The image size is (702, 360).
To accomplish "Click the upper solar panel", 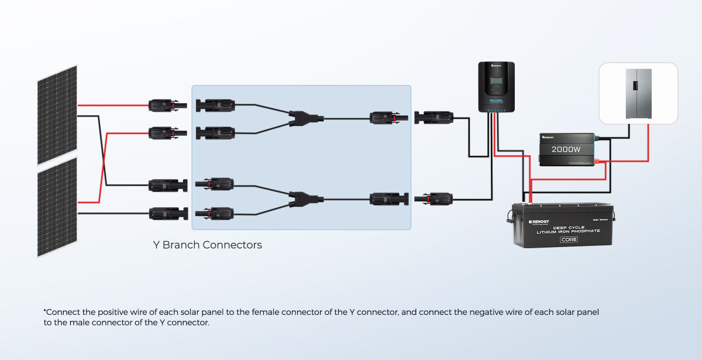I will pos(57,114).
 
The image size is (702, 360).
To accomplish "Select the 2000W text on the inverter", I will pos(566,149).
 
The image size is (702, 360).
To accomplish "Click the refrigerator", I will pos(638,94).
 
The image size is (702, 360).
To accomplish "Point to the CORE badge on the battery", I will pos(569,239).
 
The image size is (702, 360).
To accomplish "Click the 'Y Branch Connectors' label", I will pos(207,245).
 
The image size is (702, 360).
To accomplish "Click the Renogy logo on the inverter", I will pos(552,136).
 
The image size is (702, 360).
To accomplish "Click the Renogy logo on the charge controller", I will pos(496,66).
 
